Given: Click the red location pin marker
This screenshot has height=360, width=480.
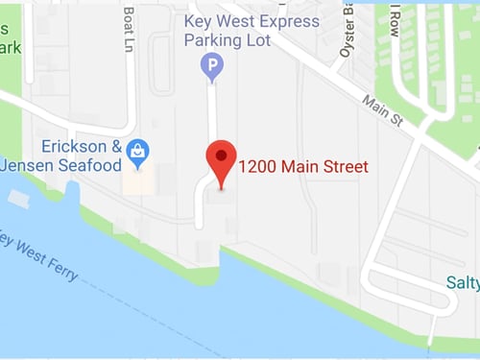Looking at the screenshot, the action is tap(222, 159).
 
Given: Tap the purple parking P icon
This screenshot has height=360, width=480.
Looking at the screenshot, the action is tap(210, 66).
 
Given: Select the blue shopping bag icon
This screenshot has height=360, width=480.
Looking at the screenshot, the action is tap(139, 150).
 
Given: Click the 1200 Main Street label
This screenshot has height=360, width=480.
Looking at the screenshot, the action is tap(303, 167).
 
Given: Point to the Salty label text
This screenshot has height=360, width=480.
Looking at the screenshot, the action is tap(462, 283).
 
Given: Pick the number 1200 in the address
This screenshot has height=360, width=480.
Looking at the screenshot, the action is tap(255, 167).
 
